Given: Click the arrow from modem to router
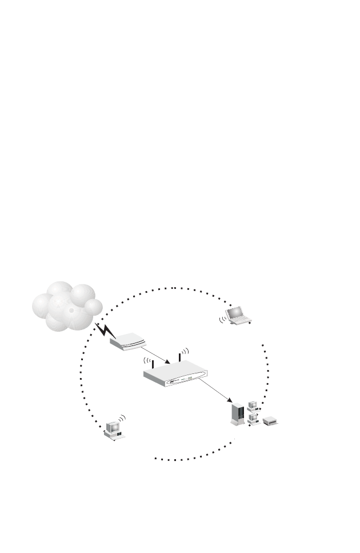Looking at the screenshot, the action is click(x=154, y=355).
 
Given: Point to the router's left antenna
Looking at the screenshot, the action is click(x=153, y=364).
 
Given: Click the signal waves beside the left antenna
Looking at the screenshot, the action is click(x=146, y=361).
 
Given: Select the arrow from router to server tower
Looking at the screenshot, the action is click(x=216, y=392).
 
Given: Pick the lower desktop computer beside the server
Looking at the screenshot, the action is click(x=253, y=420).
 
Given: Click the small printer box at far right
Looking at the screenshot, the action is click(x=270, y=421).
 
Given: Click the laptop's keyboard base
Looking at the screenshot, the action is click(x=241, y=320).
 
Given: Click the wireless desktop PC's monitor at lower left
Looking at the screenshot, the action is click(x=113, y=427).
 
